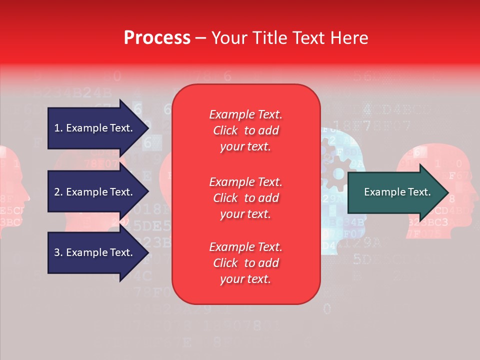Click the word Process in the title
(157, 37)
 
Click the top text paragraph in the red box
(245, 130)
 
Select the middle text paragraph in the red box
(245, 198)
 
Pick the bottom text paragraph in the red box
(245, 263)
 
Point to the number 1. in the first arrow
(58, 128)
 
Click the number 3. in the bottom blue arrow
(58, 252)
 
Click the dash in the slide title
(201, 38)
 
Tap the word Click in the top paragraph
(225, 130)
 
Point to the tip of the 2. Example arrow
(148, 192)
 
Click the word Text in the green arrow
(419, 192)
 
